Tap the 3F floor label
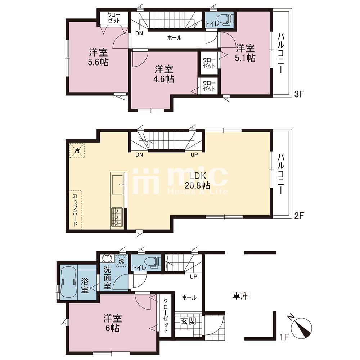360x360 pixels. click(300, 94)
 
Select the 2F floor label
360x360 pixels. click(300, 215)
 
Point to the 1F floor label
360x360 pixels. click(284, 337)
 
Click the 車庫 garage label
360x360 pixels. click(240, 296)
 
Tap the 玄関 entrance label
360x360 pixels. click(188, 321)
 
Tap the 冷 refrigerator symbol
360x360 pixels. click(77, 150)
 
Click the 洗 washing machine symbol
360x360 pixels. click(121, 261)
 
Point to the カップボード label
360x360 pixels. click(75, 210)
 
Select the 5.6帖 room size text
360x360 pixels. click(99, 62)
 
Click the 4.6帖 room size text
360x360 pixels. click(164, 79)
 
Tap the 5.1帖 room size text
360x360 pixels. click(245, 58)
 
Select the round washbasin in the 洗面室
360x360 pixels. click(107, 258)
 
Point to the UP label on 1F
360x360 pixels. click(193, 276)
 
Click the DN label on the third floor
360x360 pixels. click(139, 33)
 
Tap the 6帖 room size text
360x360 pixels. click(112, 328)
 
